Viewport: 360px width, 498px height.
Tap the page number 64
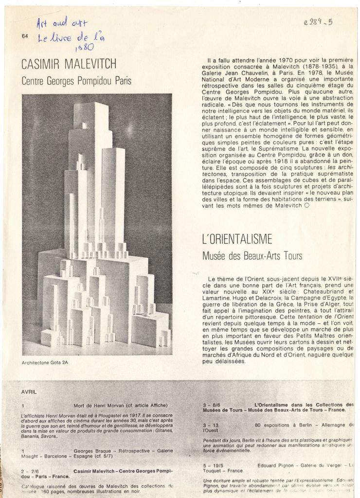[24, 36]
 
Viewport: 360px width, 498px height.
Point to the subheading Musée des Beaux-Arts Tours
[252, 255]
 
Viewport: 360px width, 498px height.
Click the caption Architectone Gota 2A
[45, 363]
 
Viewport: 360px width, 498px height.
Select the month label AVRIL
[29, 391]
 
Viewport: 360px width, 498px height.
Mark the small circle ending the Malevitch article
[306, 206]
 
